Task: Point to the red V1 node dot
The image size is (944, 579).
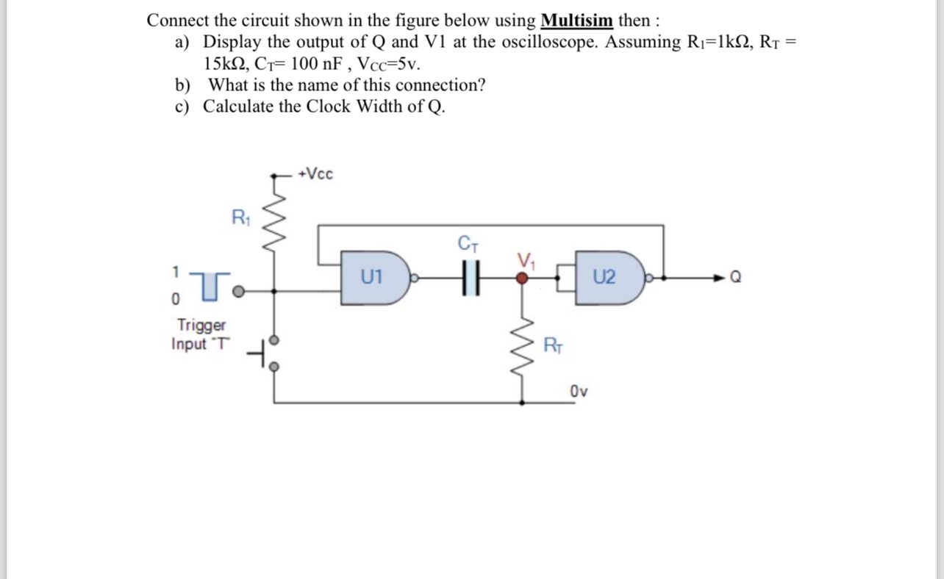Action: click(x=522, y=278)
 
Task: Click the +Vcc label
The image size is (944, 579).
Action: click(x=316, y=174)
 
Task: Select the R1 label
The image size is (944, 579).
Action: click(x=240, y=217)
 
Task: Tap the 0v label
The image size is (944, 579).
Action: click(x=579, y=391)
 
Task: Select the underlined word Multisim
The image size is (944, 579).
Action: click(x=576, y=20)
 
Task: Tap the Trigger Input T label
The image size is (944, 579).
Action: click(x=201, y=334)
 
